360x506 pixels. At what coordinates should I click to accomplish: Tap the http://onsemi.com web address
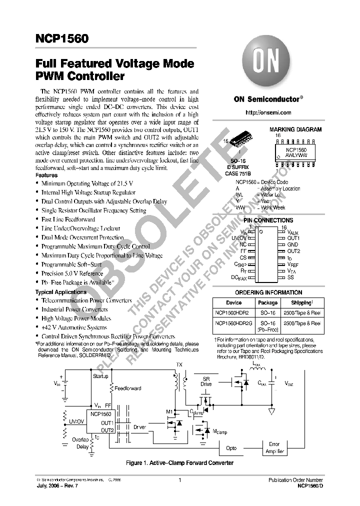coord(269,113)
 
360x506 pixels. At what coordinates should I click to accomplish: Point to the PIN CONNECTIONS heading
coord(268,220)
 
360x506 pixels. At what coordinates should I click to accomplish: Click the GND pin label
coord(292,244)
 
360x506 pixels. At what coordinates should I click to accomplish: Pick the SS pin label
coord(290,276)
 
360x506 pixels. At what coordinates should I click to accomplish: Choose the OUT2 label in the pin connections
coord(293,251)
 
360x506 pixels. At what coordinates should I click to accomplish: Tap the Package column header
coord(267,302)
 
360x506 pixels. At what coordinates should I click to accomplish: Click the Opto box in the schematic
coord(231,448)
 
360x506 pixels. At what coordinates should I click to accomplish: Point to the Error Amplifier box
coord(274,447)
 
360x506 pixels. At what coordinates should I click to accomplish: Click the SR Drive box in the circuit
coord(206,381)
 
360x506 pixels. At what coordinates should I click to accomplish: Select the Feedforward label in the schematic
coord(127,388)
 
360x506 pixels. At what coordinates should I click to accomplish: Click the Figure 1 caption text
coord(179,463)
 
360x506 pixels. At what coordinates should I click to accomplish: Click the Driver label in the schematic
coord(140,427)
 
